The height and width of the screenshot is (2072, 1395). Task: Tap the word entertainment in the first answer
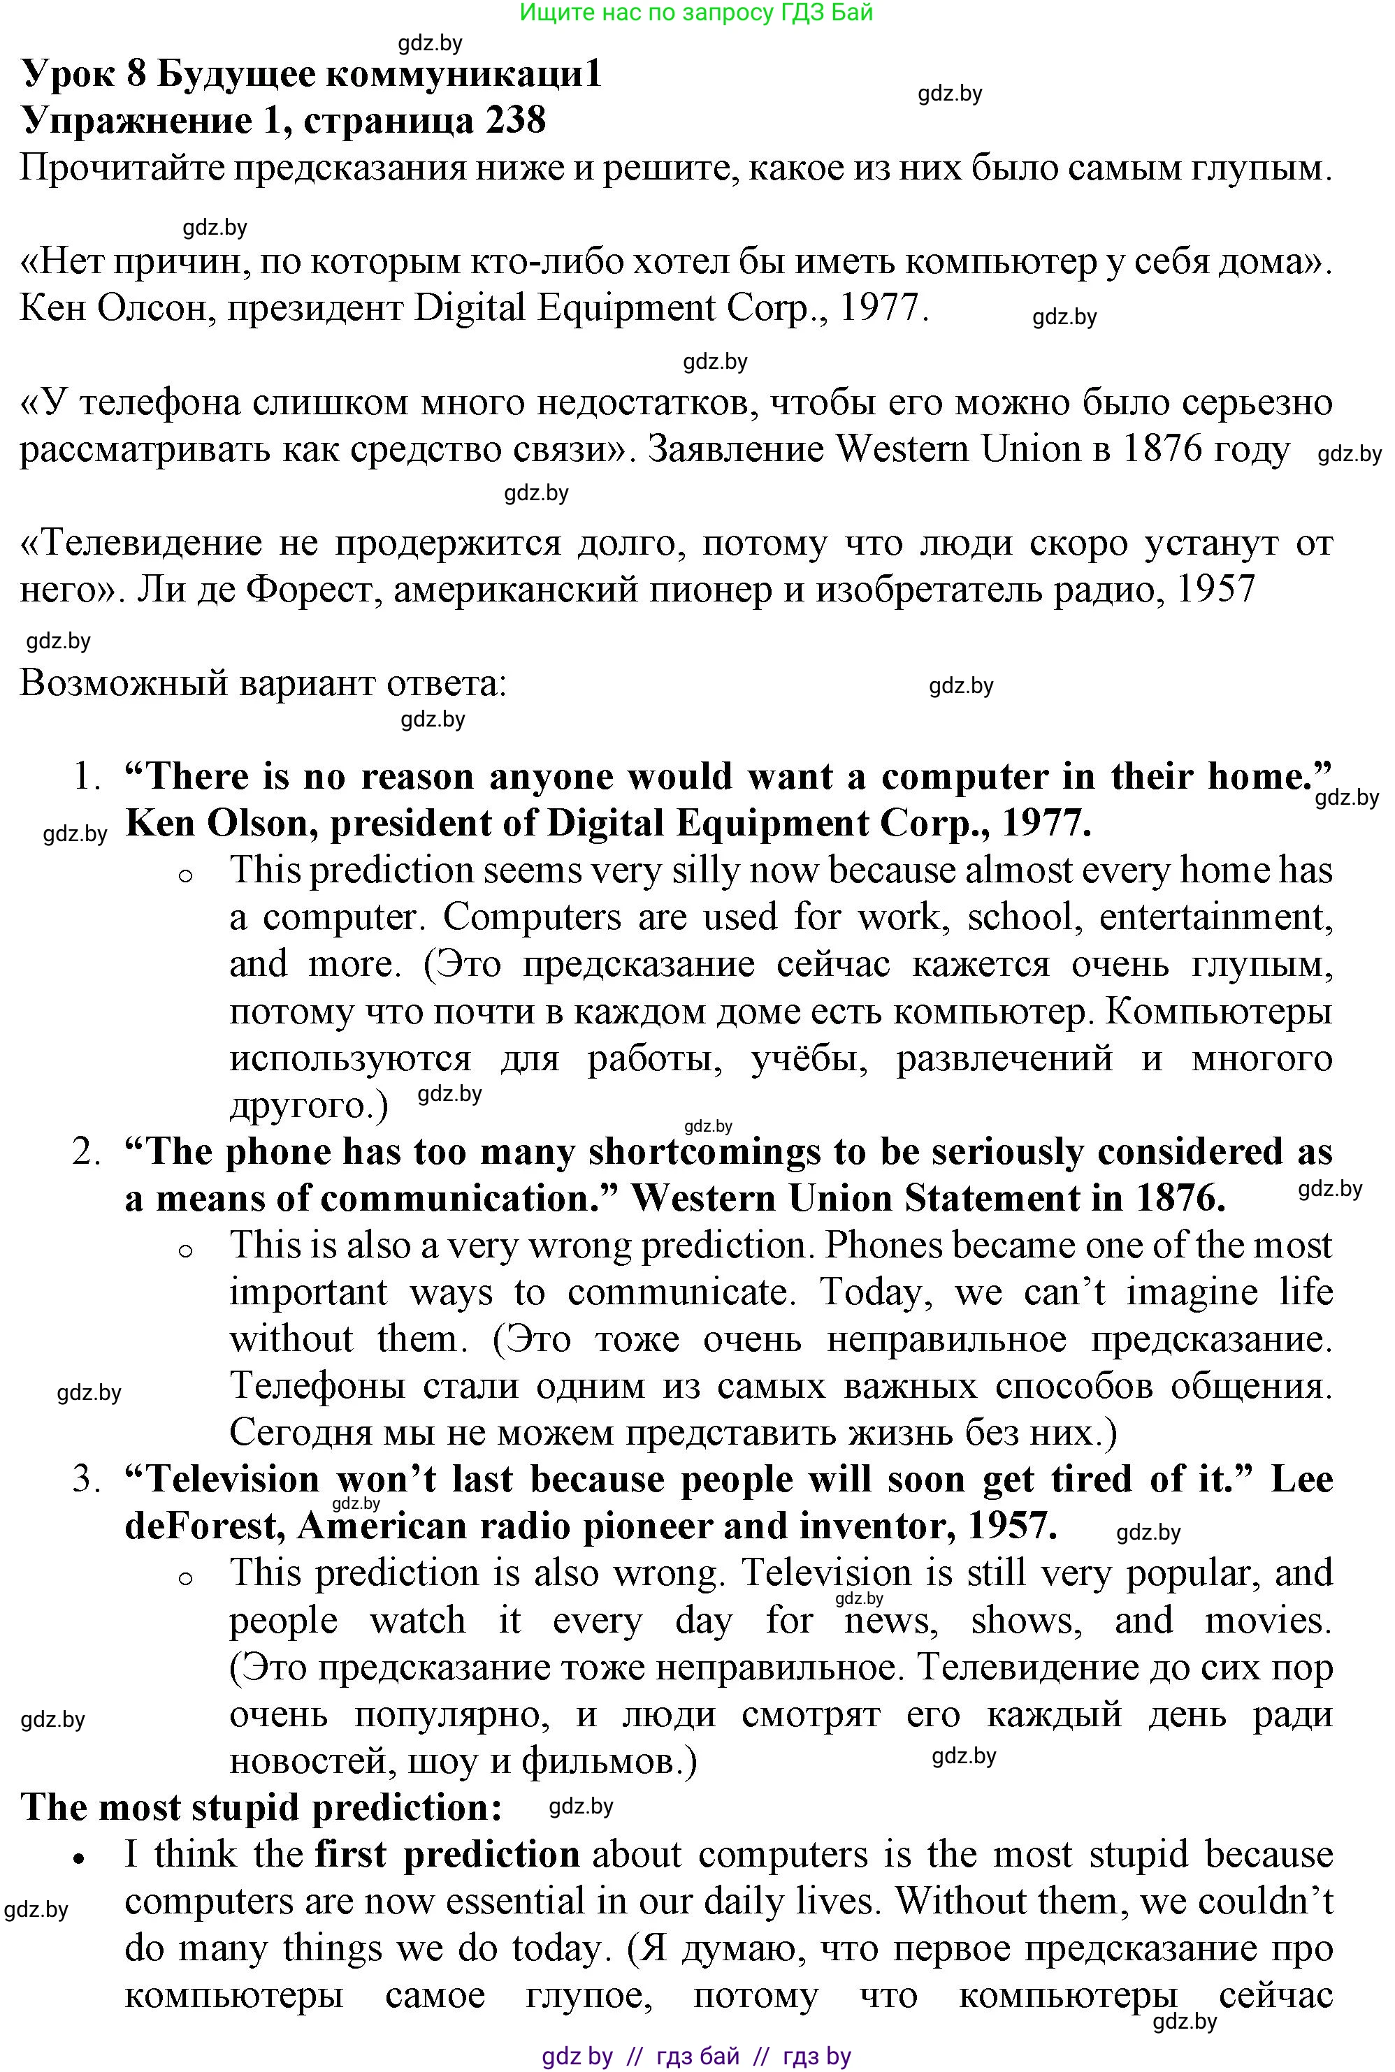[x=1216, y=917]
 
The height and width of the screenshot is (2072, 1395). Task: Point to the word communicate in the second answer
[x=681, y=1292]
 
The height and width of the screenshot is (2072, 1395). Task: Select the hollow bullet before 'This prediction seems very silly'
[x=185, y=875]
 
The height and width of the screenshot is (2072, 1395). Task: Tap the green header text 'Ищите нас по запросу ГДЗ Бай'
[x=697, y=13]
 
